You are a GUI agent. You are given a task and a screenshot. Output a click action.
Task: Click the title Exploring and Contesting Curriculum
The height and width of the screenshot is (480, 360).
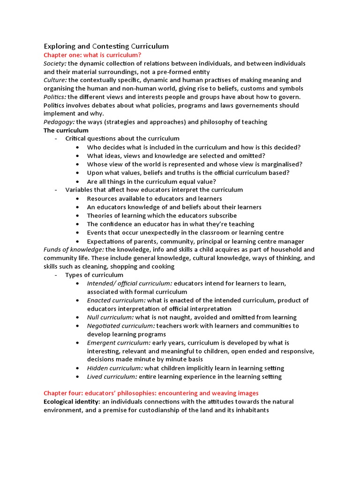106,46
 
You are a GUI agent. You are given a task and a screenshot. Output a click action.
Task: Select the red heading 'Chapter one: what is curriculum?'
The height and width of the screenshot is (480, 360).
92,55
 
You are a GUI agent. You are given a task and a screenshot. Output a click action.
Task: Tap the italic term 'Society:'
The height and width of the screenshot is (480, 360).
55,63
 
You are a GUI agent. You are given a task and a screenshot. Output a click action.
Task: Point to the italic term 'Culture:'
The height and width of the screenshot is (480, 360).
55,80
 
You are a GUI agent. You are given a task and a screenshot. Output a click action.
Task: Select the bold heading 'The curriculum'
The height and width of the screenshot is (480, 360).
66,130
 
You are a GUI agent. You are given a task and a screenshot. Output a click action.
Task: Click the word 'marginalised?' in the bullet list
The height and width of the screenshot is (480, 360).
280,164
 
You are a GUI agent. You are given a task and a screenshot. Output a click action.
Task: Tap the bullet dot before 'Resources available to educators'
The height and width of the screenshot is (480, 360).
77,199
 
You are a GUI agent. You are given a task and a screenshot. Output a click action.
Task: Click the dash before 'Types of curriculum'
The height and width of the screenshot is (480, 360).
56,275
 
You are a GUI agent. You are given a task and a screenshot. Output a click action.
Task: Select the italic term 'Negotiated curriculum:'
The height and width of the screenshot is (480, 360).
121,326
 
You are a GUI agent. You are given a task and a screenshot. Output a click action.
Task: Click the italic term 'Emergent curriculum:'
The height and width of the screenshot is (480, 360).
119,343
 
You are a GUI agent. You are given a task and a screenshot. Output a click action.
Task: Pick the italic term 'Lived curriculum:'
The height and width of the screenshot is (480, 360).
112,376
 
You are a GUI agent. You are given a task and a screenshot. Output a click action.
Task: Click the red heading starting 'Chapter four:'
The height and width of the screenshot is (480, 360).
151,393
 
